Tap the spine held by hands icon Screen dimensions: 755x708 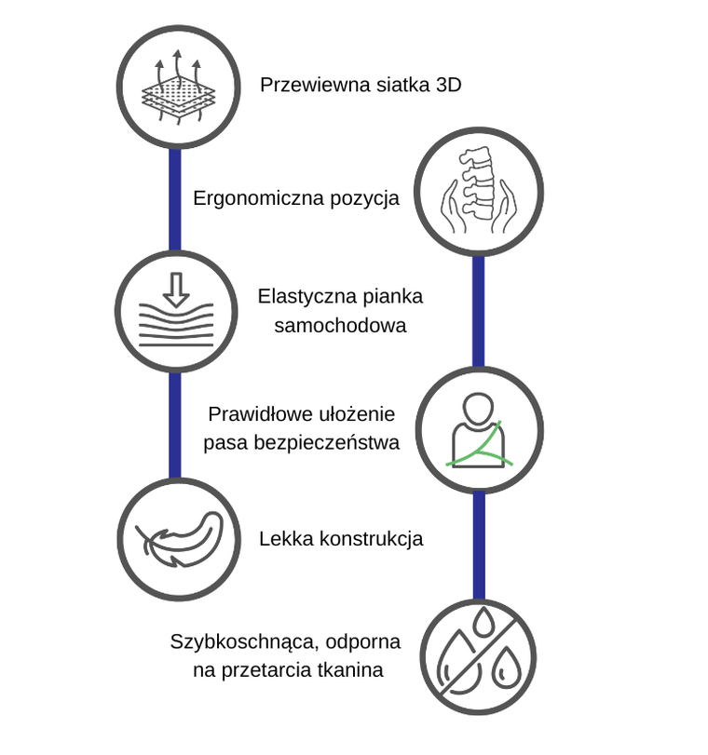[x=478, y=195]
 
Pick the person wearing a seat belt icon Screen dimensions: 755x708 [x=478, y=429]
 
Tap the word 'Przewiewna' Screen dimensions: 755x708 [x=306, y=86]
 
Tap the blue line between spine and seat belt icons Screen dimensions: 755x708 [x=478, y=312]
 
